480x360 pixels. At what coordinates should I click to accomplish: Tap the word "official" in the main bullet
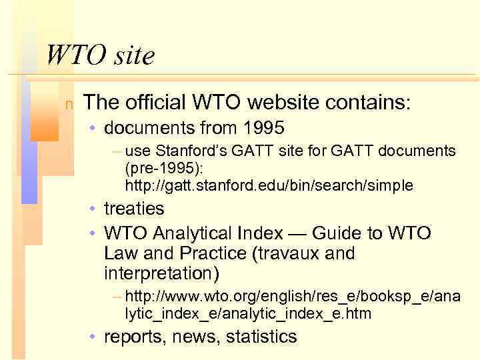(x=155, y=103)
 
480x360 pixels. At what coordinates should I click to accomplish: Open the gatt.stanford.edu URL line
(x=269, y=185)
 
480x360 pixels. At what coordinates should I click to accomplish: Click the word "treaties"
(x=134, y=209)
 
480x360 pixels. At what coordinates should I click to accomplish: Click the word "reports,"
(x=135, y=337)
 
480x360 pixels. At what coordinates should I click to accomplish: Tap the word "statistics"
(x=261, y=337)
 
